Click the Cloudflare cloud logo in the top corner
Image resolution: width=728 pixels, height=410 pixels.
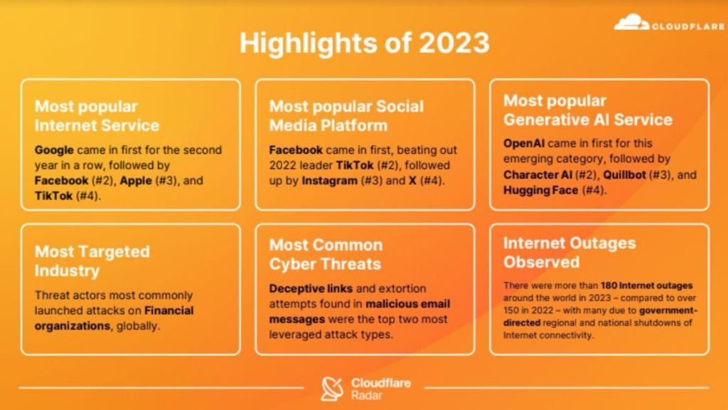tap(631, 23)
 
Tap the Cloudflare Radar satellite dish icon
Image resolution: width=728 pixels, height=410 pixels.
tap(332, 388)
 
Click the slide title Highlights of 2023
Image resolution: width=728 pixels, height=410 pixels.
tap(364, 43)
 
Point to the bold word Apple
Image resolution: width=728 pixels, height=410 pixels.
tap(135, 180)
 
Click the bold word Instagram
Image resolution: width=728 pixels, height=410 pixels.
tap(329, 180)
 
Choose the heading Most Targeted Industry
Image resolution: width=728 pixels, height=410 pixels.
tap(92, 261)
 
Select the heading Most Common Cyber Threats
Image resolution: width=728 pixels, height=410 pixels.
tap(325, 254)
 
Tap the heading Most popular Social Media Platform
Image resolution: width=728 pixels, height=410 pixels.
tap(346, 116)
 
